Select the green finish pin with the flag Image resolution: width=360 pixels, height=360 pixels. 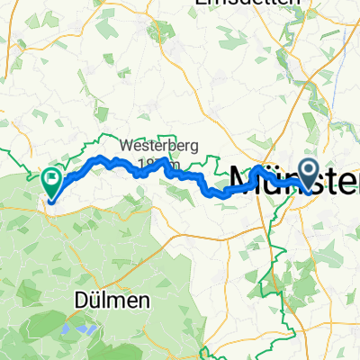coord(52,179)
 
